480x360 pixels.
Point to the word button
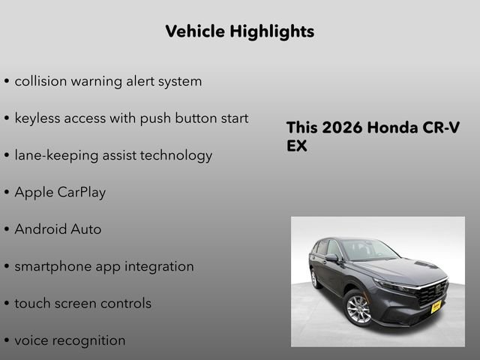[x=192, y=118]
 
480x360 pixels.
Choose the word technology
[x=175, y=155]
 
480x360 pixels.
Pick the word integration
[x=160, y=266]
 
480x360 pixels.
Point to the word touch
[x=31, y=303]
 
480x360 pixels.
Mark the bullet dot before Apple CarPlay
[x=7, y=193]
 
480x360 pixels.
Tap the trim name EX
[x=297, y=146]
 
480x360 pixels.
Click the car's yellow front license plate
[x=436, y=306]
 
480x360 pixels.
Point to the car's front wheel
[x=358, y=308]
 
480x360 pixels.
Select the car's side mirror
[x=331, y=257]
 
